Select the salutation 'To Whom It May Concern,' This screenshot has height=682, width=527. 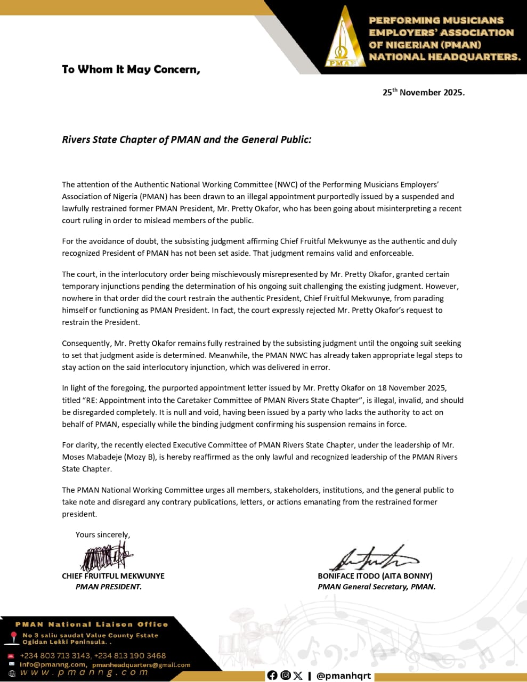coord(131,69)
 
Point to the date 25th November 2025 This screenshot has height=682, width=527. coord(423,92)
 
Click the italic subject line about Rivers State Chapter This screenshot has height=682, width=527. coord(187,140)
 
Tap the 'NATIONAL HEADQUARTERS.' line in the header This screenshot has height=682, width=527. coord(444,57)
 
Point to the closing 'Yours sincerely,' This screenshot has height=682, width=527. coord(103,534)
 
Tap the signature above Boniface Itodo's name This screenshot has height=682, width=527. coord(373,557)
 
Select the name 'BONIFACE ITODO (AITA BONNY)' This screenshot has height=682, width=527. coord(375,576)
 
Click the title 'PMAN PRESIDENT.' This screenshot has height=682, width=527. coord(109,587)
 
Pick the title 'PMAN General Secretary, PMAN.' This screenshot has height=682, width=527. coord(377,587)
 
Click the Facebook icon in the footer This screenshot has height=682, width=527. coord(272,676)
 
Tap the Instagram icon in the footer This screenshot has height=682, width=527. coord(285,676)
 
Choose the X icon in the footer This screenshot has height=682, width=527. coord(297,676)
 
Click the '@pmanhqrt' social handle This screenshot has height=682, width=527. coord(343,676)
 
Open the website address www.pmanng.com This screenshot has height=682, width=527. coord(84,673)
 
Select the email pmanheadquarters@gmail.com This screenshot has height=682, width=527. coord(141,665)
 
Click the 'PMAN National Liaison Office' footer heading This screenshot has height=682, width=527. coord(92,624)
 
